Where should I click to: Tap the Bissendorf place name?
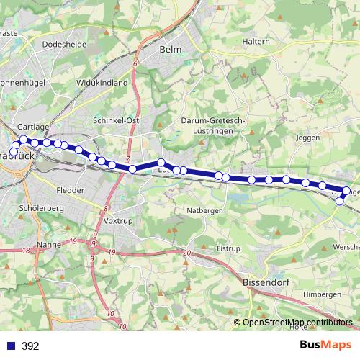click(266, 283)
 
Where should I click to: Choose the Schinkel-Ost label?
click(116, 120)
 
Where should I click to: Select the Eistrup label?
click(228, 248)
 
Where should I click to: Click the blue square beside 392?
click(10, 346)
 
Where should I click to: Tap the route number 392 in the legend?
click(30, 346)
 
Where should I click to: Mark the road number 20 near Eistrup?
click(186, 253)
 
